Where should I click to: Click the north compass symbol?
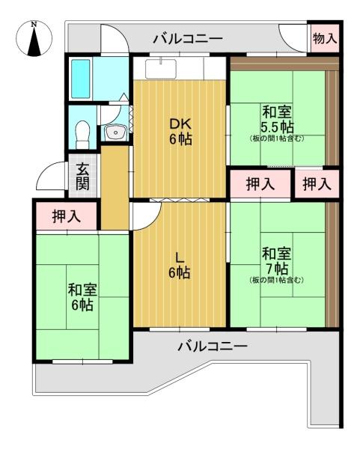34,38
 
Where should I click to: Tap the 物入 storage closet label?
325,38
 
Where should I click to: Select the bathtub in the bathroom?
81,79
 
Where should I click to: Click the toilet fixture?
83,135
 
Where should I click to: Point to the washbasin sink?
115,132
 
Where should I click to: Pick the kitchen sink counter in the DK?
160,68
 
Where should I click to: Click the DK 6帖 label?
180,132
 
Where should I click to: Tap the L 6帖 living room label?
180,266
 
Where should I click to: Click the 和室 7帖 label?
277,261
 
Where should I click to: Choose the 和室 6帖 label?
82,298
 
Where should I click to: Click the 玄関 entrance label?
82,177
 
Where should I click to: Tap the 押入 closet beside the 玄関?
67,216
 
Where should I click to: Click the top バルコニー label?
188,38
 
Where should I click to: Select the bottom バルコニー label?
213,346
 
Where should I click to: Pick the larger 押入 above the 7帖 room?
260,183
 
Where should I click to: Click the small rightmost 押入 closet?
317,183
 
